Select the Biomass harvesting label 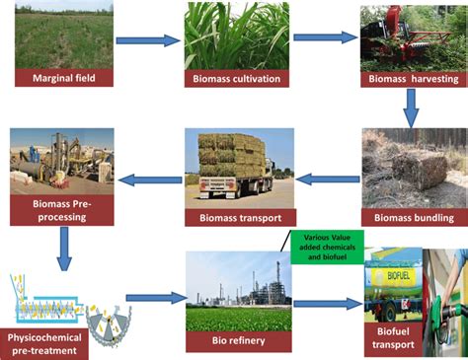click(412, 79)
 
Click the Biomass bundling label click(414, 218)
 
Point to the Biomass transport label click(239, 218)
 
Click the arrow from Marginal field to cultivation click(147, 40)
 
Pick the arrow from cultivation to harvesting click(324, 37)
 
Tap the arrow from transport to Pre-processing click(148, 180)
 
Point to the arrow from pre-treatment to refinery click(155, 297)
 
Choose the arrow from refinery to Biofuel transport click(327, 303)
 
